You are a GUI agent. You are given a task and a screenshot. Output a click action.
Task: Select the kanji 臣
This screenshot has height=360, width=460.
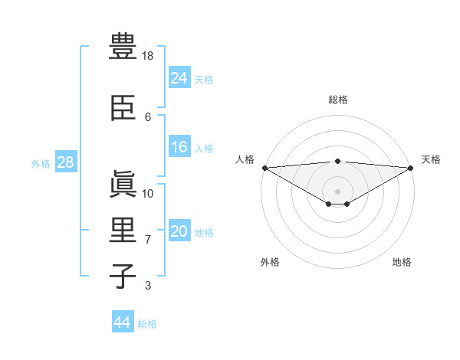(x=123, y=110)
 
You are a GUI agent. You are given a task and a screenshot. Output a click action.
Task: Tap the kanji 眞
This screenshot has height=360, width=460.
(x=123, y=185)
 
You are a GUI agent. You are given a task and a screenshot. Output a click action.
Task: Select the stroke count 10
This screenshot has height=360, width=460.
(x=149, y=193)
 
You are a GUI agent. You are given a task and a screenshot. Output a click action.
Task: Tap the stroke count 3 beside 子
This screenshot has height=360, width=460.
(x=148, y=286)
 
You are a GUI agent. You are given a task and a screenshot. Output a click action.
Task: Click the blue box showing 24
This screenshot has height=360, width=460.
(x=179, y=77)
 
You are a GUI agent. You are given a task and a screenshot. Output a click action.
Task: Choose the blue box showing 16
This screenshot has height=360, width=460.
(x=179, y=147)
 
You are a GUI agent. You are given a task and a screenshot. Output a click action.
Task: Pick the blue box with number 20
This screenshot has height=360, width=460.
(x=179, y=231)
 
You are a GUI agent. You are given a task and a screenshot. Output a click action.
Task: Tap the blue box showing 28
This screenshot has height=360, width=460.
(x=65, y=162)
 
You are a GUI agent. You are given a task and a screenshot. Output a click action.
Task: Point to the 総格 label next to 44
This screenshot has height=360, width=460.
(x=147, y=324)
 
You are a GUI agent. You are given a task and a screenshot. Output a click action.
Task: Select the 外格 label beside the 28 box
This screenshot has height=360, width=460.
(x=41, y=163)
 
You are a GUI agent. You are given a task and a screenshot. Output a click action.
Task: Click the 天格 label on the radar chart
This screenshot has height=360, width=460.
(x=431, y=159)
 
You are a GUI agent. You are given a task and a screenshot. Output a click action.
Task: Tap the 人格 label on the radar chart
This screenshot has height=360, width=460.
(x=245, y=159)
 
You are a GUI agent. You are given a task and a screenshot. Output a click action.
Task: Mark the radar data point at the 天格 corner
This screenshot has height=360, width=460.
(x=410, y=167)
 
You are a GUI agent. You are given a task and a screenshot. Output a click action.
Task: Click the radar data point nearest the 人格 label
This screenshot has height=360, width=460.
(x=264, y=167)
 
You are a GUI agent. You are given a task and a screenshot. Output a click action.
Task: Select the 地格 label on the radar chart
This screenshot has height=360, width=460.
(x=402, y=262)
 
